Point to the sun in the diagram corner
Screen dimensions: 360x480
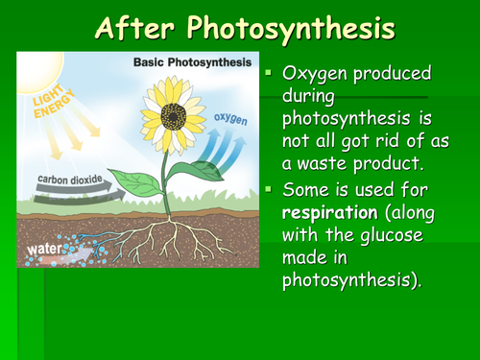point(28,68)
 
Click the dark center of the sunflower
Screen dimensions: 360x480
point(175,116)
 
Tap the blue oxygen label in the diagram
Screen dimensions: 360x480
point(229,121)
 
